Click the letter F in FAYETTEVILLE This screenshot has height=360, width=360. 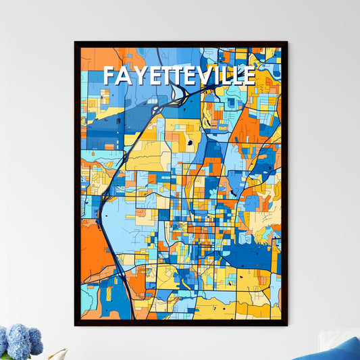[109, 76]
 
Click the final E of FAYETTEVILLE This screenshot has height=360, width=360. [249, 76]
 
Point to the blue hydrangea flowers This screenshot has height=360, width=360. [20, 341]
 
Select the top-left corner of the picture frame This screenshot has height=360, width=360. [76, 43]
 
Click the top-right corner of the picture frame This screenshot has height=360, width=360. [286, 43]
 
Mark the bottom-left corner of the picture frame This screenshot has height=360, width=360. [76, 325]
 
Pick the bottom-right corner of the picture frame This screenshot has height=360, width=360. [286, 325]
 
